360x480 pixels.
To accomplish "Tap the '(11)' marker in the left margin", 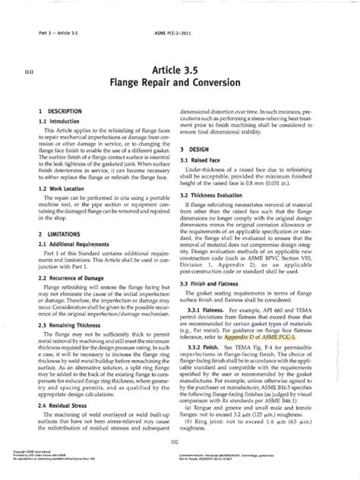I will pos(29,67).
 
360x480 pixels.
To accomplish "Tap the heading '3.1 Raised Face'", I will pos(211,161).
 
